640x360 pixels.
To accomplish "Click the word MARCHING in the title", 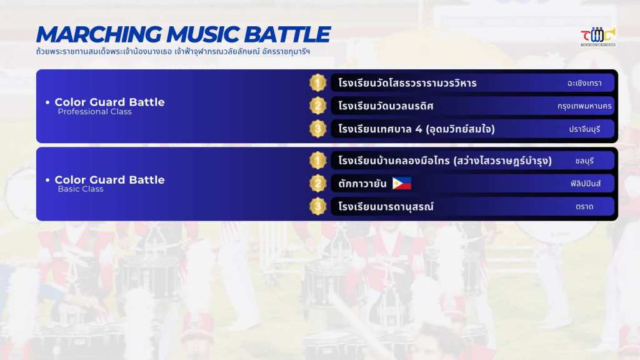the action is tap(99, 34).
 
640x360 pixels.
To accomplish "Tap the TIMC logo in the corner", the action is tap(598, 37).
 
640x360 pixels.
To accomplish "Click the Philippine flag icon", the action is tap(402, 183).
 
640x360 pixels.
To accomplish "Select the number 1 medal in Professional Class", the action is tap(317, 83).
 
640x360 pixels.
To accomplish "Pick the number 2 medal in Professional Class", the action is tap(317, 106).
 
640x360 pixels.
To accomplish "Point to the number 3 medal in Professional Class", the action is tap(317, 129).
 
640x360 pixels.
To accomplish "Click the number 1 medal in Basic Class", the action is tap(317, 161).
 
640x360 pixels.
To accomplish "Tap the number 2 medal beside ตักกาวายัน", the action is tap(317, 183).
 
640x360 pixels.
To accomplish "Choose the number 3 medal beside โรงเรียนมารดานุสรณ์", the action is tap(317, 206).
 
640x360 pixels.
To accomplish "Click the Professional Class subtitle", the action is tap(95, 112).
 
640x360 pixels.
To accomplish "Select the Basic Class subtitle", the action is tap(81, 189).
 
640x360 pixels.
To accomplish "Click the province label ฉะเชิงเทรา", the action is tap(584, 83).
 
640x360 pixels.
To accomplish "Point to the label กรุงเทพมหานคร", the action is tap(584, 106).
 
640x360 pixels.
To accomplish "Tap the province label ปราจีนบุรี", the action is tap(584, 129).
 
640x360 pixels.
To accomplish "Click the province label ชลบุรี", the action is tap(584, 161).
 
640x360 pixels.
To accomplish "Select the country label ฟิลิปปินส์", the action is tap(585, 184).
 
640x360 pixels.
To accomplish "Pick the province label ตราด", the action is tap(584, 207).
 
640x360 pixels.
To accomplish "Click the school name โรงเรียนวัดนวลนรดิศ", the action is tap(386, 106).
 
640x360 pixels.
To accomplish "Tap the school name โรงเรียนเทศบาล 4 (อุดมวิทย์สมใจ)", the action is tap(416, 129).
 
